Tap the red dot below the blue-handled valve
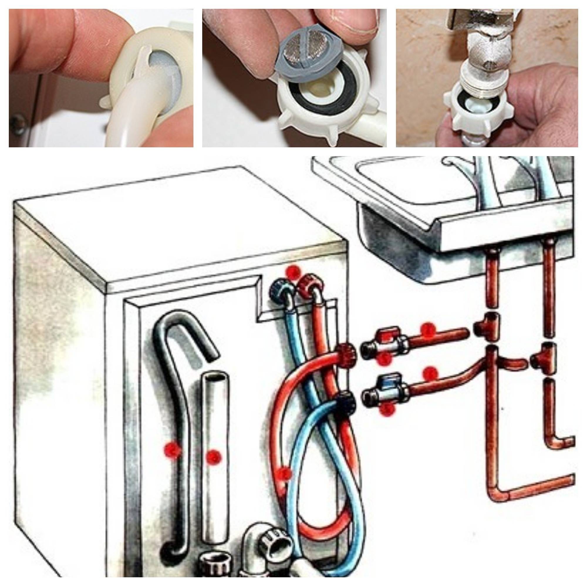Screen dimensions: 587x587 [x=388, y=410]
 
